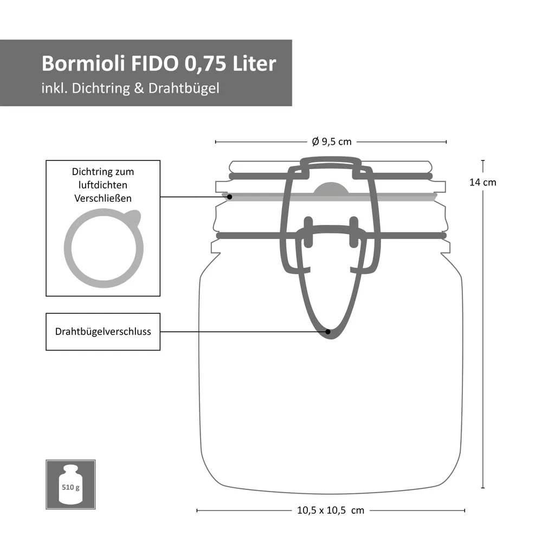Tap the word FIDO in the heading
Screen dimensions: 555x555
click(x=155, y=63)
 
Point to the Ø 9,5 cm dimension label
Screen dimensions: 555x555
click(x=332, y=142)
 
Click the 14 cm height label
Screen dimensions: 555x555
click(x=482, y=183)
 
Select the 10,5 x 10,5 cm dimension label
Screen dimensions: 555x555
click(x=331, y=510)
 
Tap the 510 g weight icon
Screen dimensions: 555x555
click(x=70, y=485)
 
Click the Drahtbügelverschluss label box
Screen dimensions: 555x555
click(x=103, y=331)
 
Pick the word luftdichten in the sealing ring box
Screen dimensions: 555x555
click(x=103, y=185)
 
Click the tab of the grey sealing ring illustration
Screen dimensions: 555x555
click(x=133, y=218)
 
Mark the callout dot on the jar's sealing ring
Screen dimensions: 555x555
click(x=230, y=197)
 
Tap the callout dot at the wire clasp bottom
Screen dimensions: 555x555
click(x=328, y=331)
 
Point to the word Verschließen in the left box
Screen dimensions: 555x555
click(x=103, y=198)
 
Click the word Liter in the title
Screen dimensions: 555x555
click(x=254, y=63)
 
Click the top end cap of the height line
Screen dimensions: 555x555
click(x=482, y=160)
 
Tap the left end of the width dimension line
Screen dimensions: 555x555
click(x=197, y=510)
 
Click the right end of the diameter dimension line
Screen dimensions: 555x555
click(x=446, y=142)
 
